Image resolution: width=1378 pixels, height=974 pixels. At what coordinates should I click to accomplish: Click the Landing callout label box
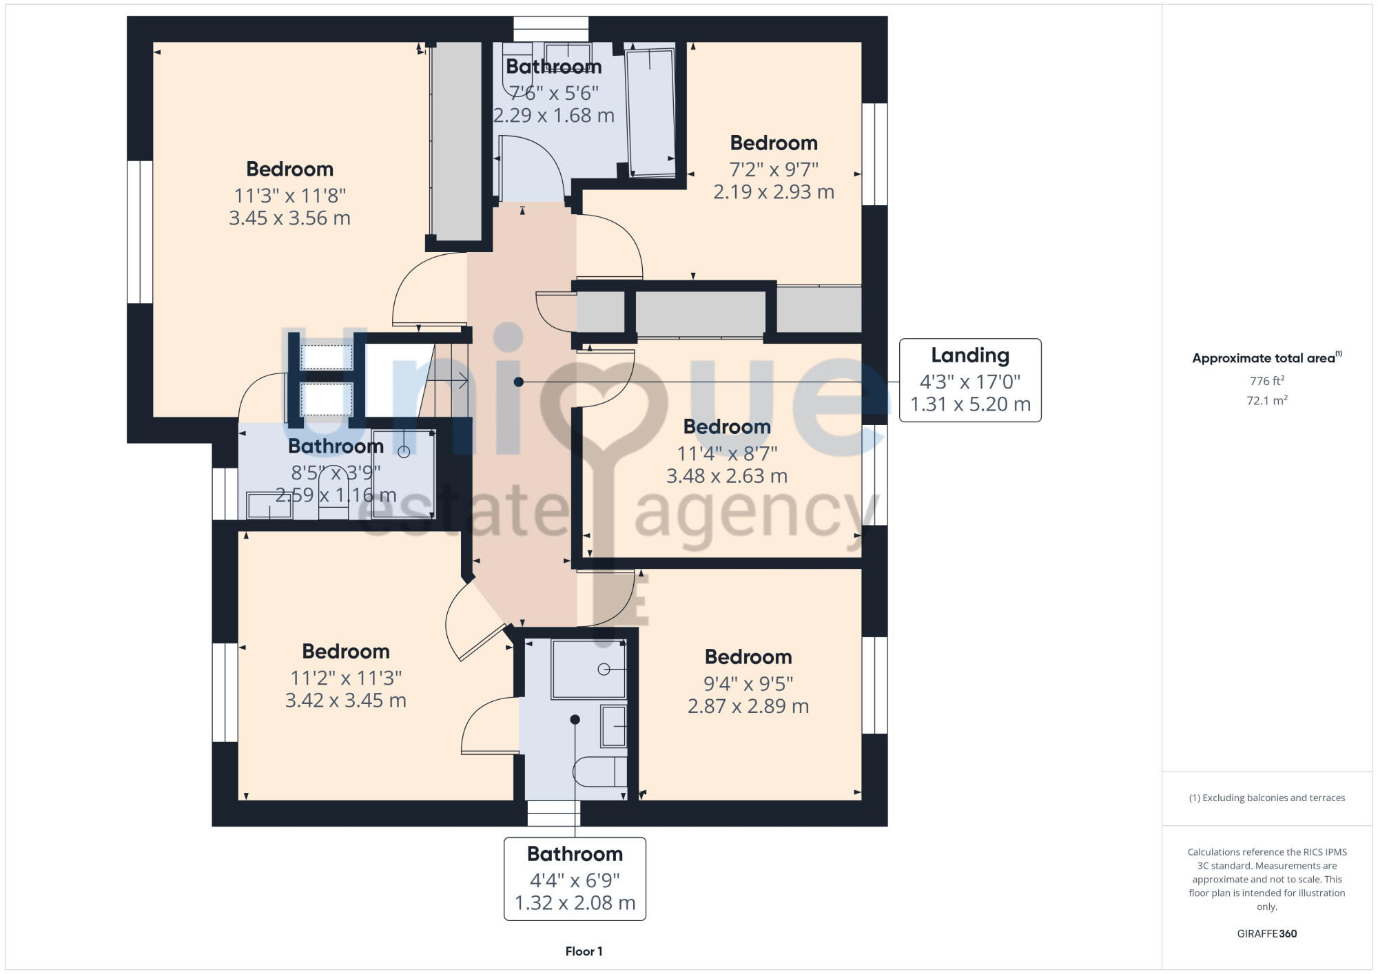point(969,380)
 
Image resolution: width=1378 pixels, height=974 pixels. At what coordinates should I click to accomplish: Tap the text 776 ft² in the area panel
point(1266,381)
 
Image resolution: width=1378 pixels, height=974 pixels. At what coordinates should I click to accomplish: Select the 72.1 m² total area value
point(1266,400)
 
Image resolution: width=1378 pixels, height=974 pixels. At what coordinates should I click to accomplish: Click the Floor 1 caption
point(584,951)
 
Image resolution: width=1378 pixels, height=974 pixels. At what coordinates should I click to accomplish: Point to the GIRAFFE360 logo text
point(1266,934)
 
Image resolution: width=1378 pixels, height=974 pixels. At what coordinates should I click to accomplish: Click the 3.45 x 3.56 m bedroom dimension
point(289,218)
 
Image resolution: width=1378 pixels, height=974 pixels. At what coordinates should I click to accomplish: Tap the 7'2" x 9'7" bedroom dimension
point(774,169)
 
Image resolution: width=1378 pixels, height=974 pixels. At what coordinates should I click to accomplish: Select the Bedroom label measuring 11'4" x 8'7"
point(727,427)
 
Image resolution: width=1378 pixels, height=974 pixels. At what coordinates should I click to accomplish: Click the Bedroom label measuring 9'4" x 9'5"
point(748,657)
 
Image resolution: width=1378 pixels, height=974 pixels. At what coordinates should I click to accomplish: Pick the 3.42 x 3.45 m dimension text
point(346,701)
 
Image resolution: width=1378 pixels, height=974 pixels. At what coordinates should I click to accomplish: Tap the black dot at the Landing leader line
point(518,382)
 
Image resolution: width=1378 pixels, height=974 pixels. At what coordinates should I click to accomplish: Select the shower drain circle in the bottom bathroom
point(604,669)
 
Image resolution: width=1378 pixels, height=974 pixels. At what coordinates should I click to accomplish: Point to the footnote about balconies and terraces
point(1266,798)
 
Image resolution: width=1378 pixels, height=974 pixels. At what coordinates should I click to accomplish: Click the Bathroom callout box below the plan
point(575,878)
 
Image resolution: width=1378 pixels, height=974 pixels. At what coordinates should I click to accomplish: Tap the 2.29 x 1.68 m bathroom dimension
point(554,116)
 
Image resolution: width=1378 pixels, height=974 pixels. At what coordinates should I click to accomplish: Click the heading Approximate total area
point(1266,358)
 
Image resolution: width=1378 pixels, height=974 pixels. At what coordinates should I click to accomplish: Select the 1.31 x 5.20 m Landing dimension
point(970,404)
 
